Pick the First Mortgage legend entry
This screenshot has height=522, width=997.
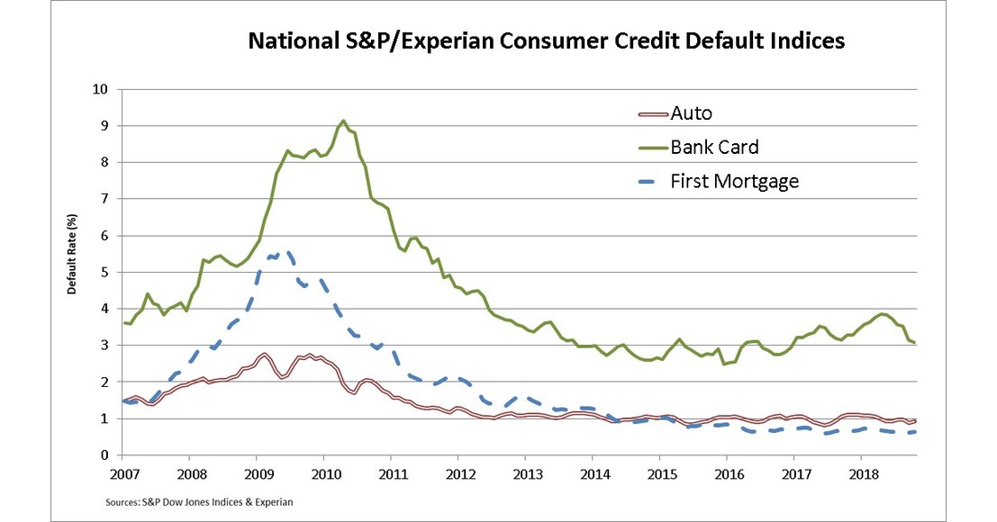pyautogui.click(x=734, y=181)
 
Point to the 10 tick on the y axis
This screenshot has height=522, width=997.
pyautogui.click(x=100, y=89)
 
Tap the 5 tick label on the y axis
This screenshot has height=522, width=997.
pyautogui.click(x=104, y=272)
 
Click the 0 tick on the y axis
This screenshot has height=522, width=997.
pyautogui.click(x=104, y=455)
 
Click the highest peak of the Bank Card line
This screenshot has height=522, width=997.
pyautogui.click(x=343, y=120)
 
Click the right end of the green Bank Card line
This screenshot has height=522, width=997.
pyautogui.click(x=916, y=342)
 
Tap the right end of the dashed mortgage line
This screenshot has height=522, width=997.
pyautogui.click(x=916, y=432)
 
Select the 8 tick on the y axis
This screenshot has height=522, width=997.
pyautogui.click(x=104, y=162)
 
